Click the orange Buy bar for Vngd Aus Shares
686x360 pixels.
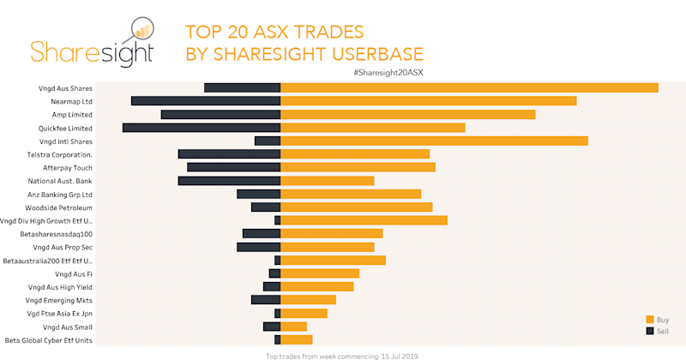point(469,87)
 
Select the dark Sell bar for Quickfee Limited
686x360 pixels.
point(202,128)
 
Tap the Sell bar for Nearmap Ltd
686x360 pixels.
point(206,101)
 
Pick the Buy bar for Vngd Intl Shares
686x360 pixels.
point(434,141)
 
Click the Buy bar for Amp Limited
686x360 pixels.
point(407,114)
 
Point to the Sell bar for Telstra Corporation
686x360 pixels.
point(229,154)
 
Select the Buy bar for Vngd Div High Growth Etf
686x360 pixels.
point(364,220)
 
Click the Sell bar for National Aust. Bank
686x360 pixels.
point(229,181)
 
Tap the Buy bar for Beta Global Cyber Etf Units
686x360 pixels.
point(296,340)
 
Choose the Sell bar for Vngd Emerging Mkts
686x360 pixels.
point(266,300)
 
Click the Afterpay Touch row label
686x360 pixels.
point(68,167)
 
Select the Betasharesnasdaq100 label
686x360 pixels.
point(56,234)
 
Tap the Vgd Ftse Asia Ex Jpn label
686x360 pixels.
point(59,314)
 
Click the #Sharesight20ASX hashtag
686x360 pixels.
point(388,73)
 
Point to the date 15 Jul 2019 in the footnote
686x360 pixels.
point(399,355)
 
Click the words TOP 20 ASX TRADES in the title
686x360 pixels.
point(274,33)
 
